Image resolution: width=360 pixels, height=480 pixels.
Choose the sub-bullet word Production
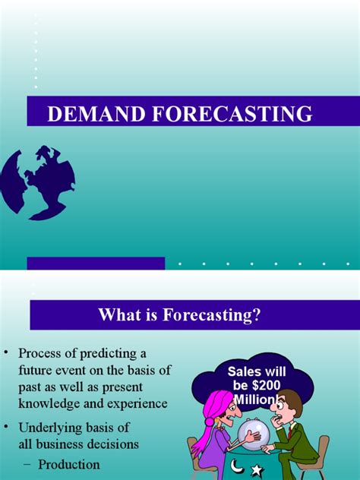coord(70,463)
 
